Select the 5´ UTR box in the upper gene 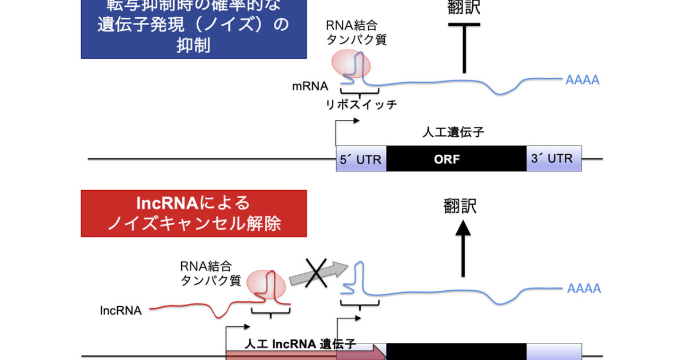pyautogui.click(x=361, y=159)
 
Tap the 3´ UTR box pyautogui.click(x=553, y=158)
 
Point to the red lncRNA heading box pyautogui.click(x=194, y=213)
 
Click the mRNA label pyautogui.click(x=310, y=86)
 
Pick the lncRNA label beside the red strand pyautogui.click(x=121, y=310)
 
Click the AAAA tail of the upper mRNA pyautogui.click(x=582, y=80)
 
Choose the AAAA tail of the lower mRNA pyautogui.click(x=584, y=289)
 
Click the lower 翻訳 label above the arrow pyautogui.click(x=460, y=206)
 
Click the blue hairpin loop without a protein pyautogui.click(x=359, y=277)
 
